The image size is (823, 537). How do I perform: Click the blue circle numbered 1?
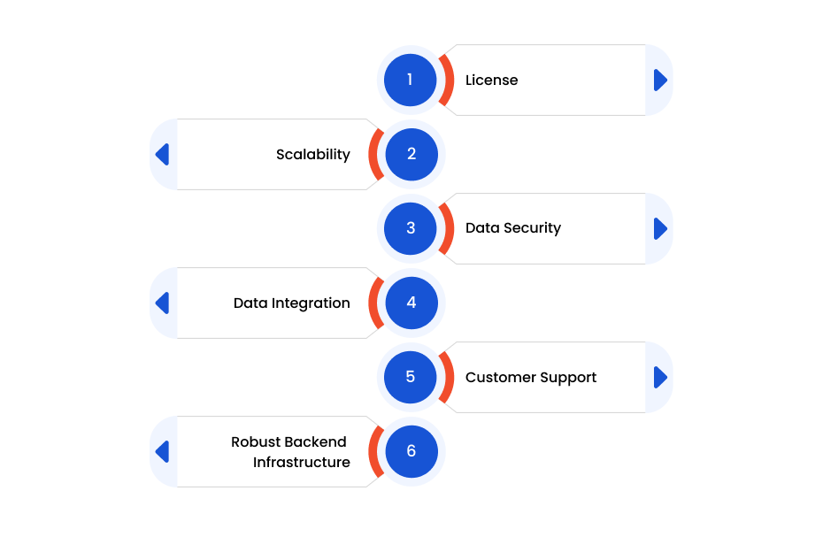[x=411, y=80]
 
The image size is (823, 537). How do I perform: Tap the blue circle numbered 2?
[x=411, y=154]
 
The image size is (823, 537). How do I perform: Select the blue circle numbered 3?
[x=411, y=228]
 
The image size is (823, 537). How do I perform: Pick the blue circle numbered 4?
[x=411, y=303]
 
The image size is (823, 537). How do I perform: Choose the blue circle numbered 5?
[x=411, y=377]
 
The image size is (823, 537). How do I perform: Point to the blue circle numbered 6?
[x=411, y=451]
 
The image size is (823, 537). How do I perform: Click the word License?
[x=492, y=80]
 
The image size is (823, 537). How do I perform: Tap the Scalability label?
[x=312, y=154]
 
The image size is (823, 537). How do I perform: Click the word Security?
[x=532, y=228]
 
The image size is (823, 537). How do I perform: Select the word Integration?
[x=311, y=303]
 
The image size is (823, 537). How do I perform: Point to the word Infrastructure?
[x=301, y=462]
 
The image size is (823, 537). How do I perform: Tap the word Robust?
[x=251, y=442]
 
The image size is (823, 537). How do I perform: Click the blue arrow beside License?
[x=660, y=81]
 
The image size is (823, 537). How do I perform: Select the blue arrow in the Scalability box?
[x=162, y=154]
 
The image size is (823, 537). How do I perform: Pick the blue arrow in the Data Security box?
[x=660, y=229]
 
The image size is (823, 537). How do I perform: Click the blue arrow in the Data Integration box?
[x=162, y=303]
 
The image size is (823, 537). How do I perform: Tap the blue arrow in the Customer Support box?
[x=660, y=378]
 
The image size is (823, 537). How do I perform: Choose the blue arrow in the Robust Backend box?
[x=162, y=451]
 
